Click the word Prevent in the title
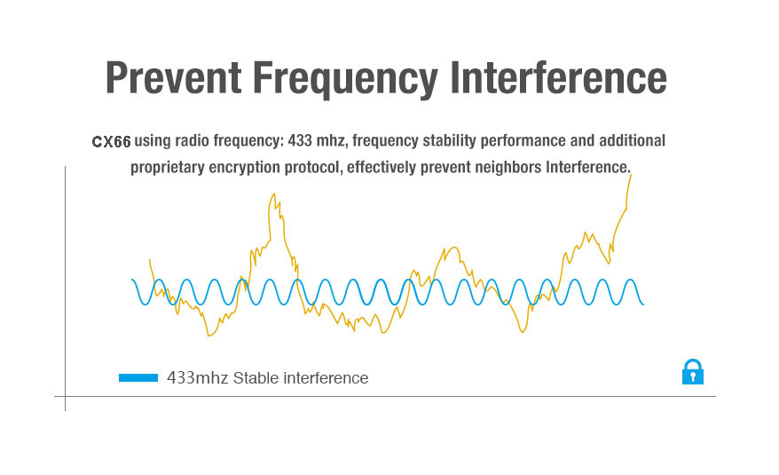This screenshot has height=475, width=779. pyautogui.click(x=173, y=77)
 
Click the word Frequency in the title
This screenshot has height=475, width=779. pyautogui.click(x=345, y=80)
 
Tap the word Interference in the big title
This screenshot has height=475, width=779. pyautogui.click(x=558, y=77)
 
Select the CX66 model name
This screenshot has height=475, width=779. pyautogui.click(x=111, y=142)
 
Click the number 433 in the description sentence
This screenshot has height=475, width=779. pyautogui.click(x=300, y=140)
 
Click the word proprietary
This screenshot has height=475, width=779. pyautogui.click(x=167, y=168)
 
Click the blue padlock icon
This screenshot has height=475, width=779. pyautogui.click(x=693, y=372)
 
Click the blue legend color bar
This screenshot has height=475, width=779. pyautogui.click(x=138, y=378)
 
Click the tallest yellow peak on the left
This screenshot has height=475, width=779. pyautogui.click(x=272, y=194)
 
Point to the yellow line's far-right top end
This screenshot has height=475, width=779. pyautogui.click(x=631, y=175)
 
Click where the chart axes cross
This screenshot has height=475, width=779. pyautogui.click(x=65, y=396)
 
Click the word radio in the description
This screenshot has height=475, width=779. pyautogui.click(x=192, y=140)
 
